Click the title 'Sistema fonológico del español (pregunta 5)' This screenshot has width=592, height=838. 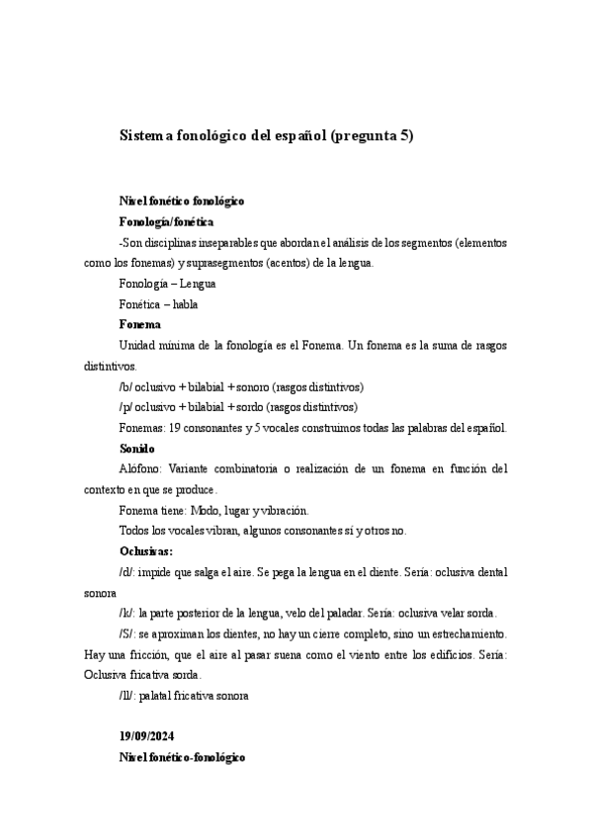[x=266, y=135]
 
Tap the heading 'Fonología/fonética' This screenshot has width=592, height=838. [x=166, y=221]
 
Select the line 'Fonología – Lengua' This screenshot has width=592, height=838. [x=167, y=284]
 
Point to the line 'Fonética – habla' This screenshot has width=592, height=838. [x=158, y=304]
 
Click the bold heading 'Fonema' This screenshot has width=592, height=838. [x=139, y=324]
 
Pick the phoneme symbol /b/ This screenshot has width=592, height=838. [x=126, y=386]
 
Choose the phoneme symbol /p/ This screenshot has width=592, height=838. [x=126, y=406]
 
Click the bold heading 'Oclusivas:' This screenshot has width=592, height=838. [x=146, y=550]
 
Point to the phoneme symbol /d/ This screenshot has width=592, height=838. [x=126, y=571]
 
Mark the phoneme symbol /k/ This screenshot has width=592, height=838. [x=126, y=613]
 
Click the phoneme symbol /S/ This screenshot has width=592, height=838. [x=127, y=633]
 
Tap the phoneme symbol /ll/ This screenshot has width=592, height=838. [x=127, y=695]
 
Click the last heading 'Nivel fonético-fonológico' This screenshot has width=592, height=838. [x=182, y=757]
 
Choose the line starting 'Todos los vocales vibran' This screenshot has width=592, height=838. [x=262, y=531]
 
